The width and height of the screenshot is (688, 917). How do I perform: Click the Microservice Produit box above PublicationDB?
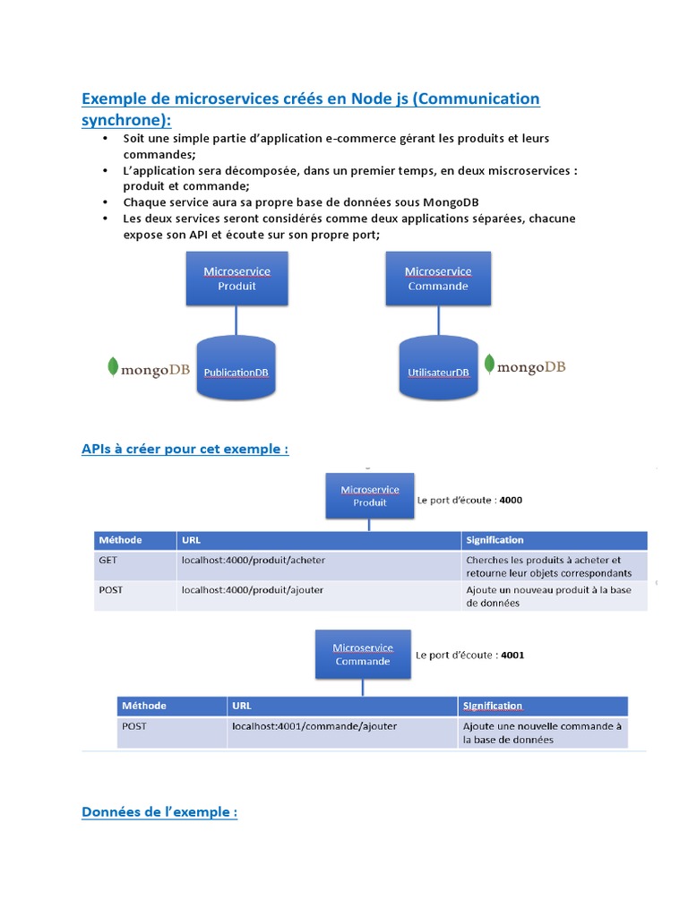pos(236,278)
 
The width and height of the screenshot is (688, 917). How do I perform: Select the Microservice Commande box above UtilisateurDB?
pos(437,278)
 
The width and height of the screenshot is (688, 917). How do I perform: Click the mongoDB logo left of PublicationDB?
pos(149,368)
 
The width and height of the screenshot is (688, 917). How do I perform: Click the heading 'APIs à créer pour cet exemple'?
pos(185,449)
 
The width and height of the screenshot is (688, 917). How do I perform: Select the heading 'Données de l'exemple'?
pos(159,812)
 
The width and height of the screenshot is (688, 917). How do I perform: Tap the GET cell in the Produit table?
pos(107,560)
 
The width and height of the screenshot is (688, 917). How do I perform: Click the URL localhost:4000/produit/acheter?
pos(254,560)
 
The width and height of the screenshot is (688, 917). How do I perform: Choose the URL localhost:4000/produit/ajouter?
pos(253,590)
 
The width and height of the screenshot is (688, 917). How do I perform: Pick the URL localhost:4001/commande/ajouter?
pos(314,726)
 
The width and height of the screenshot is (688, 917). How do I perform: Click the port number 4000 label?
pos(511,501)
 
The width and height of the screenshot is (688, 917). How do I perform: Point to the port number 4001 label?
pos(512,655)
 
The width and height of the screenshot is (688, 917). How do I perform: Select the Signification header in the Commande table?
pos(493,706)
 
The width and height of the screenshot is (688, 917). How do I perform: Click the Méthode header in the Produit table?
pos(120,540)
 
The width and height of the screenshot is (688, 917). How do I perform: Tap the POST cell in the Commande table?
pos(134,726)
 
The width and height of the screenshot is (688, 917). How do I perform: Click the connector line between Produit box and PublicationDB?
pos(236,320)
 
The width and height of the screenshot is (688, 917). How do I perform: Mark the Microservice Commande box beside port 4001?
pos(363,654)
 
